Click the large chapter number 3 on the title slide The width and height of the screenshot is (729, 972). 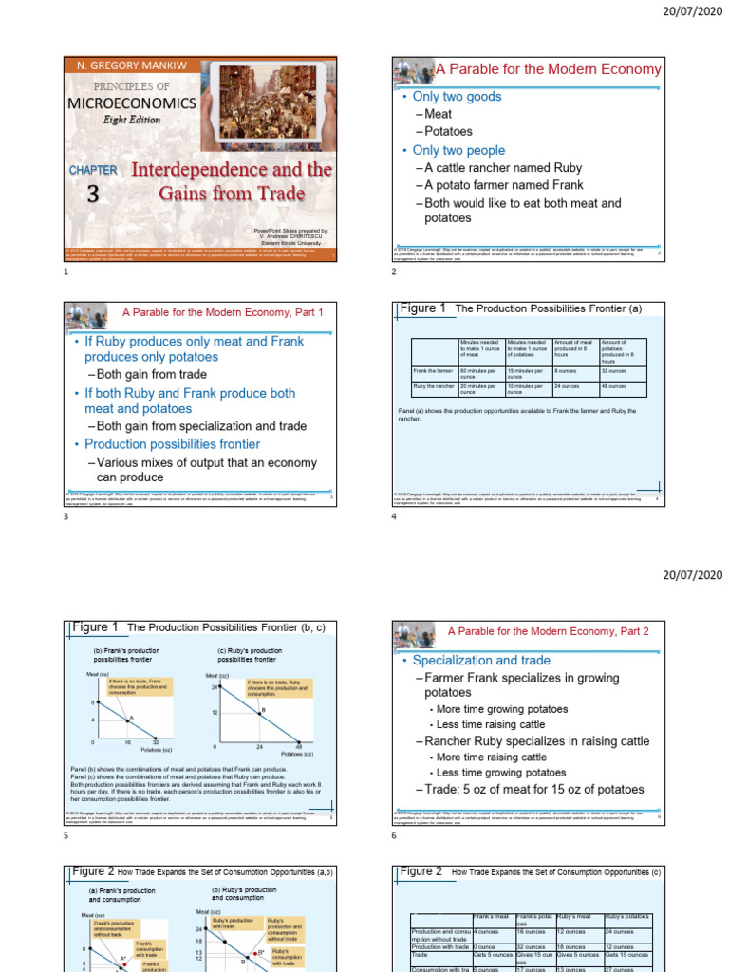coord(92,194)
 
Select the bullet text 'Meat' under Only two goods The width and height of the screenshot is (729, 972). coord(438,114)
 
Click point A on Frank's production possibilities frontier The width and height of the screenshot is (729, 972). coord(130,719)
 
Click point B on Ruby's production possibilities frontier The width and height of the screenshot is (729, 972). coord(262,711)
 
